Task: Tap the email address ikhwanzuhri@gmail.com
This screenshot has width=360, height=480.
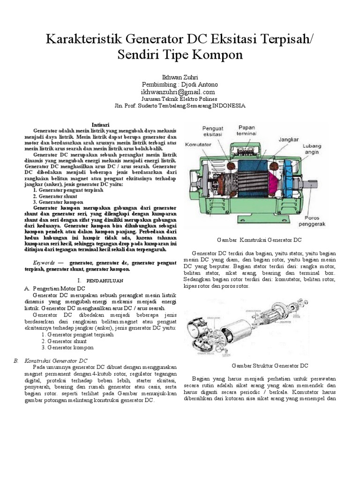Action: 180,92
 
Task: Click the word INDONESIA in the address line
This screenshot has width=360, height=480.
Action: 229,106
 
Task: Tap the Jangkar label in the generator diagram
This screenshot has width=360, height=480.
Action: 289,139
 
